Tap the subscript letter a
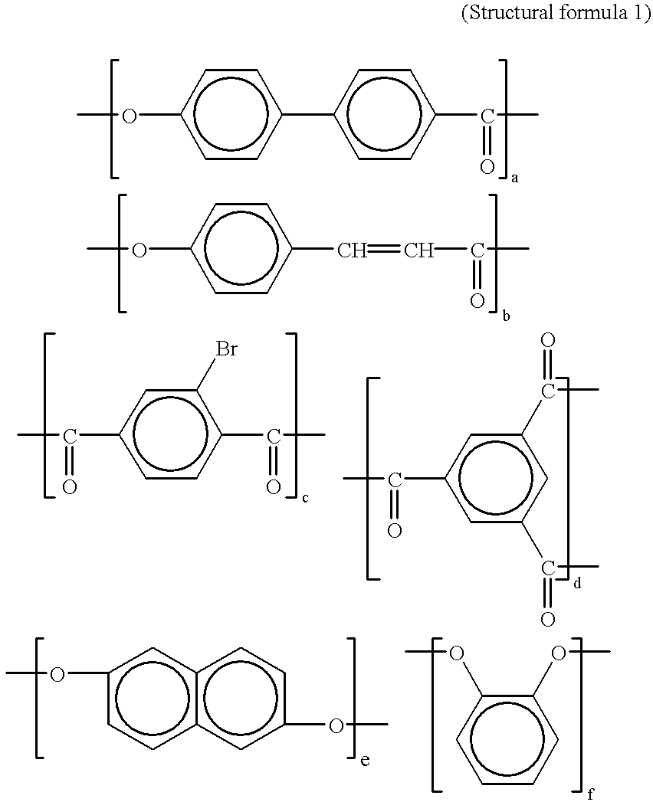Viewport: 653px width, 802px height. (x=515, y=178)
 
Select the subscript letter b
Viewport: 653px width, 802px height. (x=506, y=314)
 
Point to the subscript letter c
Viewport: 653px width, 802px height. (x=305, y=499)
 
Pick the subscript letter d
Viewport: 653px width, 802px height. (x=577, y=583)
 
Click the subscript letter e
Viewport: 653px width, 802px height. (x=365, y=760)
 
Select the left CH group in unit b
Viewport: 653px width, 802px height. (x=352, y=250)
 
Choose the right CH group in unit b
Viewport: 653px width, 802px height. (x=419, y=250)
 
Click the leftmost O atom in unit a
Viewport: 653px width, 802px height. (x=130, y=116)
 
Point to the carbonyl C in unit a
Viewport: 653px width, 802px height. (x=487, y=116)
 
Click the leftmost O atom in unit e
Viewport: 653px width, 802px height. (x=57, y=674)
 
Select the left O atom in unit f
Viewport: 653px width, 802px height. (x=457, y=653)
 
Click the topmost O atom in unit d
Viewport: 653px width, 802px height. (x=548, y=339)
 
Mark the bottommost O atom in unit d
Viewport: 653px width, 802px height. (x=548, y=619)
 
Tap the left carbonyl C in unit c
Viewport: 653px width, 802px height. (x=70, y=437)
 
